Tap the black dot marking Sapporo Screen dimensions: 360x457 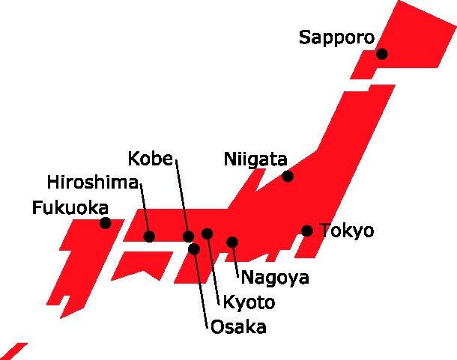(382, 53)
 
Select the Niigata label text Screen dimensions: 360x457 (255, 159)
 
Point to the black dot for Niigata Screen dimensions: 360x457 (288, 176)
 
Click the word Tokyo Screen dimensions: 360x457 (346, 231)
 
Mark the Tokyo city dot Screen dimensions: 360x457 (307, 231)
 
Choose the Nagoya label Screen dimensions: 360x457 (275, 278)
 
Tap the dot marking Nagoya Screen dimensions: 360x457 (232, 242)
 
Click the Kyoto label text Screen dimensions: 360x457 (249, 302)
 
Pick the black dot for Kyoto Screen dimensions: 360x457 (208, 234)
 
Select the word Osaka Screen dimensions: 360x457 (238, 326)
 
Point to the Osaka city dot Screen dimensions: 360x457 (194, 248)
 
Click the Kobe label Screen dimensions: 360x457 (151, 159)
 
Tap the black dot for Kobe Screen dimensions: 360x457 (188, 237)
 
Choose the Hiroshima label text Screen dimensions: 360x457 (92, 183)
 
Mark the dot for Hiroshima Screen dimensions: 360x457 (149, 237)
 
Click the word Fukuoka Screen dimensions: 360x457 (70, 207)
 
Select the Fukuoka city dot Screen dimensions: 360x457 (106, 223)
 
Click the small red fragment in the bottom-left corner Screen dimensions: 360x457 (16, 352)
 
